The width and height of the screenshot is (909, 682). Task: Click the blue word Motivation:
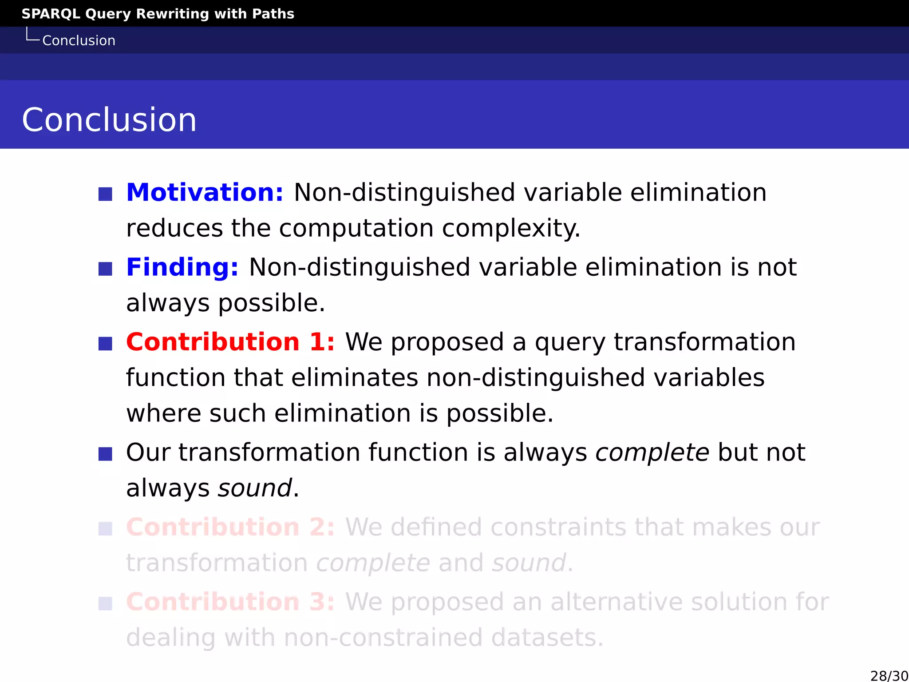coord(205,193)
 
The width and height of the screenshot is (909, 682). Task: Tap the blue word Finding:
coord(182,267)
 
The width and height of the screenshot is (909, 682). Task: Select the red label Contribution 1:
coord(230,342)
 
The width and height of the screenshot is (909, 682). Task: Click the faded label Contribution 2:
coord(230,527)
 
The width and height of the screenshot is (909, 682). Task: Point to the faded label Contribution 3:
coord(230,602)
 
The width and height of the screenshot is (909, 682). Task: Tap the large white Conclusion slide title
coord(109,120)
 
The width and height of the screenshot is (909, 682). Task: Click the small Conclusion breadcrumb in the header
coord(79,41)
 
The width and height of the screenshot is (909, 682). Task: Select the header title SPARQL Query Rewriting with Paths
coord(158,14)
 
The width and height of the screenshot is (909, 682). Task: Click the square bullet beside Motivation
coord(105,194)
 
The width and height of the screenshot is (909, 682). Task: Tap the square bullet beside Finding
coord(105,269)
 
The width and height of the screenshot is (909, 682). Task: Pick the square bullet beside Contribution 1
coord(105,343)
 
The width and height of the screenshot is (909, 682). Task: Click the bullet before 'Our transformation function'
coord(105,454)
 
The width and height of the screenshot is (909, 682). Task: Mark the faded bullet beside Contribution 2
coord(105,529)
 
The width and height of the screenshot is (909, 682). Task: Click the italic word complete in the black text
coord(652,453)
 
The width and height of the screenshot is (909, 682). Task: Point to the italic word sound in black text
coord(255,488)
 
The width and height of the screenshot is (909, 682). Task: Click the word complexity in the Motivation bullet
coord(511,229)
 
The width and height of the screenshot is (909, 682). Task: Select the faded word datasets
coord(547,638)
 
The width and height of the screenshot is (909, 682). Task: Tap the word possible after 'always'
coord(271,304)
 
